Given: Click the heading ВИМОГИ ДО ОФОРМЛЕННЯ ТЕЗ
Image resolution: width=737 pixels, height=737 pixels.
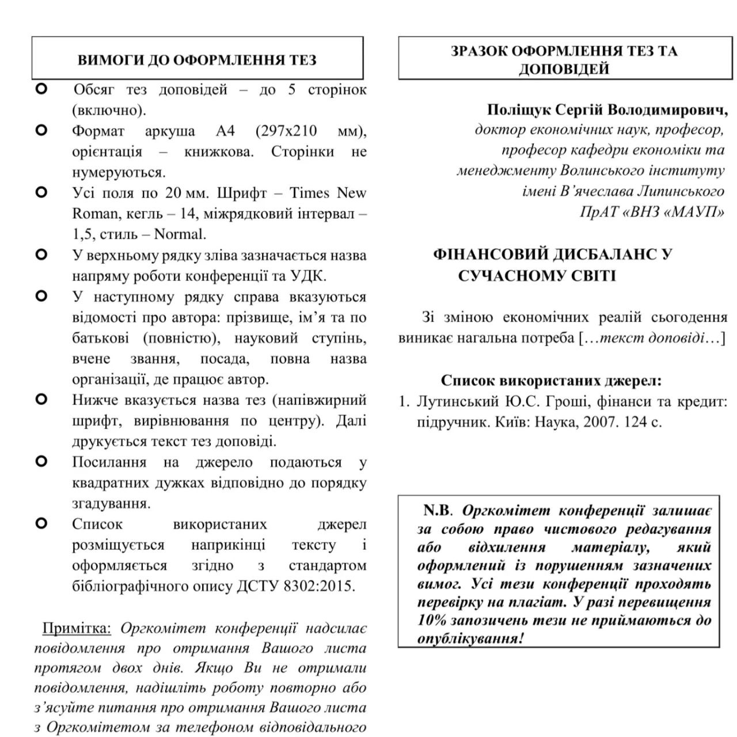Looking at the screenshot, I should click(197, 60).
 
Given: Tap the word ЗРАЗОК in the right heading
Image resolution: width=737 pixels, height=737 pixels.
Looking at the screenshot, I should click(478, 51).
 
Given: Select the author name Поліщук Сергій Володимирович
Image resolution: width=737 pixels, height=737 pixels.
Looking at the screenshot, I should click(607, 109).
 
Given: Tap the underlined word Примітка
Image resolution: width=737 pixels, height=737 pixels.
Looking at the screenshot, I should click(77, 628).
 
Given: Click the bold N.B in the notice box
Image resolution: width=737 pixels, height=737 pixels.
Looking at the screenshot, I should click(436, 511).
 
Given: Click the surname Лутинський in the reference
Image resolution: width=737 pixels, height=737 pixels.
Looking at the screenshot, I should click(458, 401).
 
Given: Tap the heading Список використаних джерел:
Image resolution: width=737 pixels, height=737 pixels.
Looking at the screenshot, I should click(552, 381).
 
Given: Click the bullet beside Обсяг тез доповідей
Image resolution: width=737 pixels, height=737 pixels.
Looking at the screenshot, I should click(41, 89).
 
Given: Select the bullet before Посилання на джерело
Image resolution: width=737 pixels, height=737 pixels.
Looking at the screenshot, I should click(41, 461).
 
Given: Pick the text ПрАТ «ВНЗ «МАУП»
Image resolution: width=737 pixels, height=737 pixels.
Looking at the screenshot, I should click(652, 212).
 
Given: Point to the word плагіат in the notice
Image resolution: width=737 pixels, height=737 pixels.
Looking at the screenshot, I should click(541, 603).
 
